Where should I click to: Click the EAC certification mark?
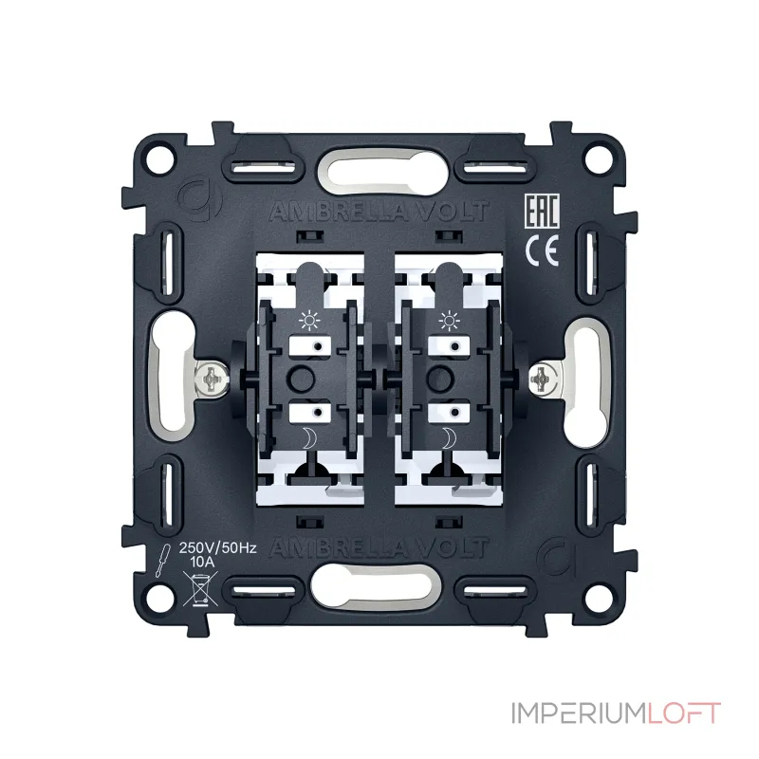542,211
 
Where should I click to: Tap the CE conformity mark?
542,250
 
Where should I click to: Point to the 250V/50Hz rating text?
217,548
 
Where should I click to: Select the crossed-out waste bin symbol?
200,588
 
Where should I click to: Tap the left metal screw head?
212,378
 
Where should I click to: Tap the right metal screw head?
544,378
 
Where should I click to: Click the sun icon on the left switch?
310,321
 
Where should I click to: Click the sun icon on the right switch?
449,321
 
